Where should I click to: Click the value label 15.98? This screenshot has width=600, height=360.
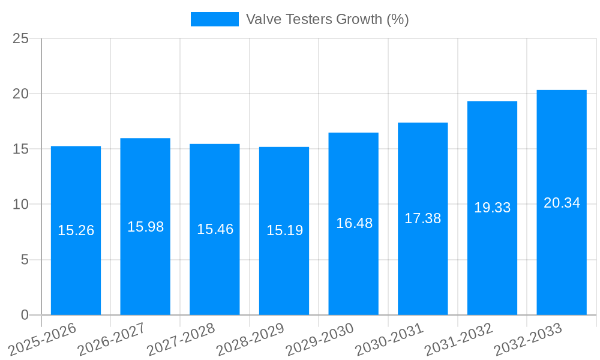coord(145,227)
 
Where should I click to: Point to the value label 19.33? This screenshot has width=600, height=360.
coord(492,208)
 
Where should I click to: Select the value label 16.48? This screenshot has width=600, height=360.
coord(354,223)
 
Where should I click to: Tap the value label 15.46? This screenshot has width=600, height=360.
coord(215,229)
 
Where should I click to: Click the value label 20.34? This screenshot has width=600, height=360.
coord(562,203)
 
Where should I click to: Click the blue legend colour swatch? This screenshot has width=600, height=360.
coord(214,19)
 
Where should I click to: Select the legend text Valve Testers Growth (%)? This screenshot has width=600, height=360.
coord(327,19)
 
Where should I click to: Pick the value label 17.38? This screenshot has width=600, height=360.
coord(423,218)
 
